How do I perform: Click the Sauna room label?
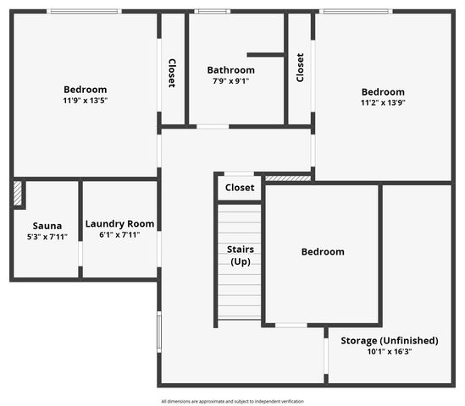(47, 226)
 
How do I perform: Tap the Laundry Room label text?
(119, 224)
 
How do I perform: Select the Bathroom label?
(230, 70)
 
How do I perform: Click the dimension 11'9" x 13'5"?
(85, 101)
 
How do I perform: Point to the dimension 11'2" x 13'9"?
(383, 103)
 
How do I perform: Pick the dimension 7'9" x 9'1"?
(230, 81)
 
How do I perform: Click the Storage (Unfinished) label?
(389, 340)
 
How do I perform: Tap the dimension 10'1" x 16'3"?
(389, 351)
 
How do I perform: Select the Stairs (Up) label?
(240, 255)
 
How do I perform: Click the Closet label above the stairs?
(240, 188)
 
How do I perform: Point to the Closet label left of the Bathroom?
(172, 74)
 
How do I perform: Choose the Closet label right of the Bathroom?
(300, 69)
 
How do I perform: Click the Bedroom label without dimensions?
(323, 251)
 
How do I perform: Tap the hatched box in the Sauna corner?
(18, 194)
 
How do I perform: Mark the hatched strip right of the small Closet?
(288, 178)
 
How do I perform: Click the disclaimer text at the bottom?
(232, 401)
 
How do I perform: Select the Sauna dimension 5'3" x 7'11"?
(47, 237)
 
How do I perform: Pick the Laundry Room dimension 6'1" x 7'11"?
(119, 235)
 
